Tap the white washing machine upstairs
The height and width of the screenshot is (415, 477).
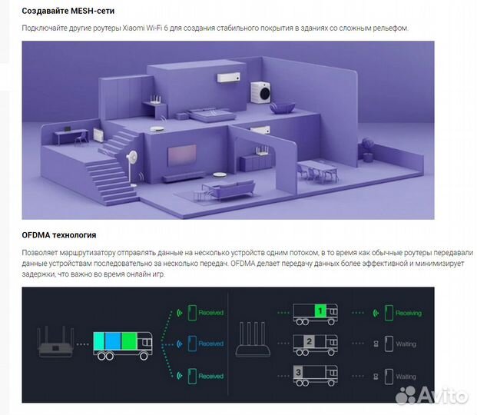coord(262,91)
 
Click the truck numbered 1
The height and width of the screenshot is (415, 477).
coord(314,312)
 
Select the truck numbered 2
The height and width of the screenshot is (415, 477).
coord(314,344)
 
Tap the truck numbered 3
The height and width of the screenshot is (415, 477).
coord(314,376)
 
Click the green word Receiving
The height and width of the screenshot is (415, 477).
coord(408,313)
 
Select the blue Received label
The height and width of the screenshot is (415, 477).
coord(210,344)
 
